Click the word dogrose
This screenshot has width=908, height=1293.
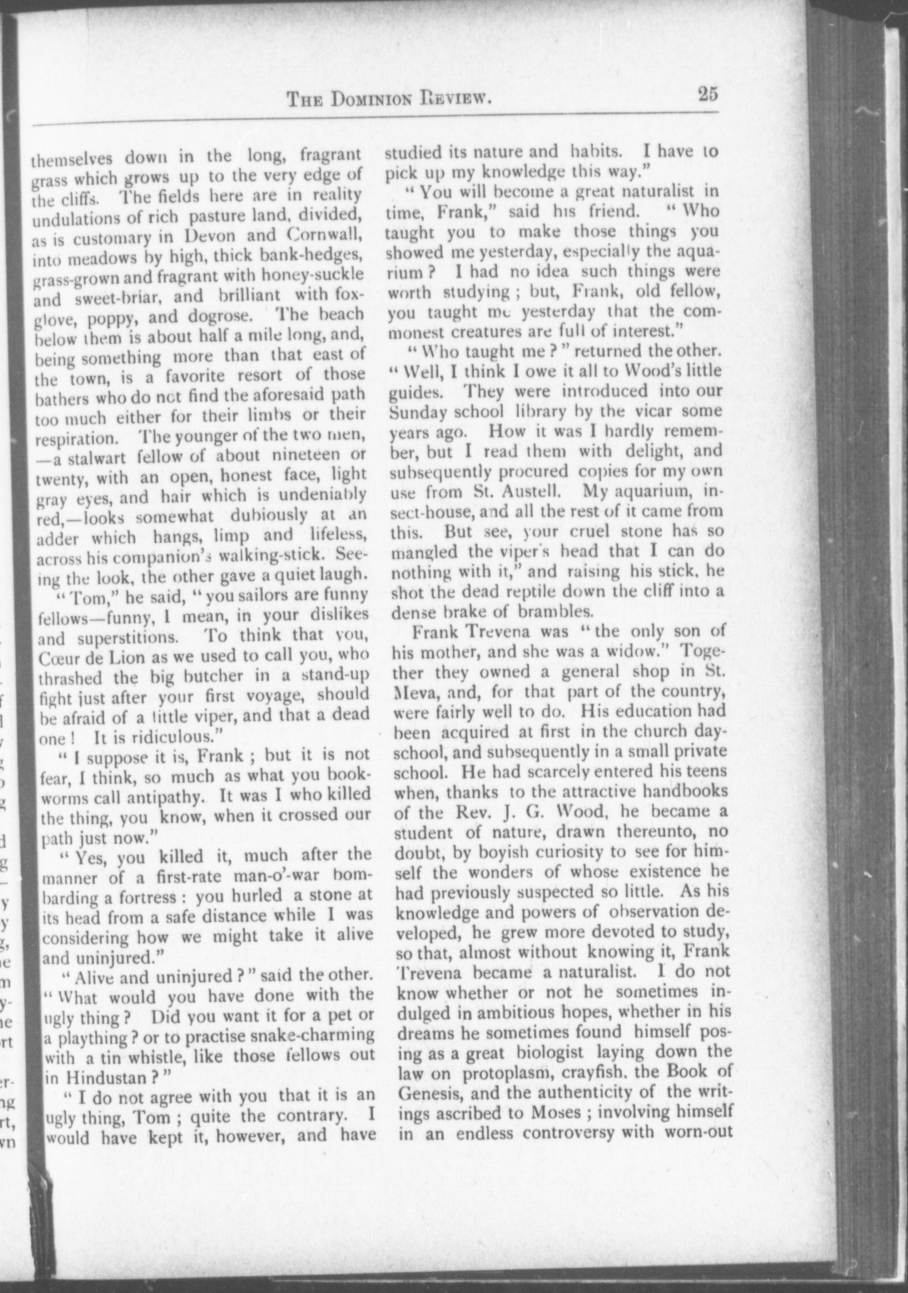(236, 315)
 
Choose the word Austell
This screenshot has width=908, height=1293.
(528, 492)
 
